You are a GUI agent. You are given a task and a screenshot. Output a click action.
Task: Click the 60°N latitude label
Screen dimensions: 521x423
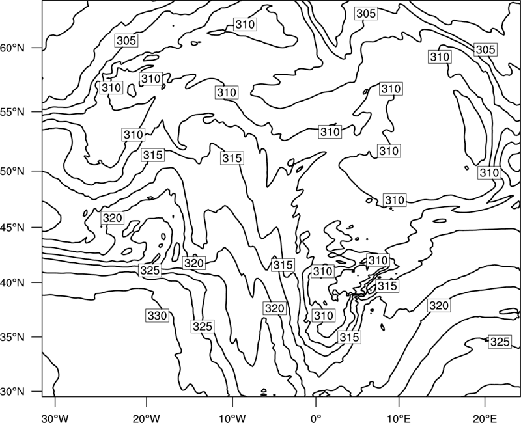click(12, 48)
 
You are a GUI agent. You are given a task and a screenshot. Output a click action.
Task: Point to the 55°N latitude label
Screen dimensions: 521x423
click(12, 112)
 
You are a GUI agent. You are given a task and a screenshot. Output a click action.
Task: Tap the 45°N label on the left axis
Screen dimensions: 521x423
click(12, 227)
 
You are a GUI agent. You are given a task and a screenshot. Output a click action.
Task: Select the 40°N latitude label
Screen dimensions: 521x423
click(12, 283)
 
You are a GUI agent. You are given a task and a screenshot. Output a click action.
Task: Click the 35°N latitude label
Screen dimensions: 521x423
click(12, 337)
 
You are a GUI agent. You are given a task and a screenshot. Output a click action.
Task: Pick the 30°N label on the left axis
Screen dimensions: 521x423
click(12, 392)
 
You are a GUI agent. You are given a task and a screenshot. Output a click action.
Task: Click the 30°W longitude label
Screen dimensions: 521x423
click(55, 418)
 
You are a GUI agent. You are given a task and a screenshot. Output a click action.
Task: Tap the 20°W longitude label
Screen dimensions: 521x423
click(146, 418)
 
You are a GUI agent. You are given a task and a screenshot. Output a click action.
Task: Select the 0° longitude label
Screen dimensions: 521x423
click(316, 418)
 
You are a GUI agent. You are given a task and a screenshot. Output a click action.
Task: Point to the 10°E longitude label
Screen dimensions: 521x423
click(399, 418)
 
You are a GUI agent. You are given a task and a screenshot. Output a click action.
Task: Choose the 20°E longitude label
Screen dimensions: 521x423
click(485, 418)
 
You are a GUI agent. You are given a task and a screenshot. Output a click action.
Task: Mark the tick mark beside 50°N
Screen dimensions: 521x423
click(37, 171)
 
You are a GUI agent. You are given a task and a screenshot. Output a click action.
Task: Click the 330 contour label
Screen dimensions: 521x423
click(157, 316)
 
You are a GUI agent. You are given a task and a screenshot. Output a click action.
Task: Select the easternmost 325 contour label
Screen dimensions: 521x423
click(500, 342)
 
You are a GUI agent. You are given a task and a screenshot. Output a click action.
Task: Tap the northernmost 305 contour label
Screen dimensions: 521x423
click(366, 14)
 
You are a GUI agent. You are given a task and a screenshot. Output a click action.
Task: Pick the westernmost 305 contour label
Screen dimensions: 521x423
click(126, 40)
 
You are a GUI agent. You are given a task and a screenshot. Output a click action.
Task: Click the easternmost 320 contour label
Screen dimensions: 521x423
click(439, 305)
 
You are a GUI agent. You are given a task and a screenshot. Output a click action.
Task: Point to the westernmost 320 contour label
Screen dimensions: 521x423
click(113, 218)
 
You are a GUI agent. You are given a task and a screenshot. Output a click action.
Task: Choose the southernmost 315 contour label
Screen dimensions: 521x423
click(349, 337)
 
